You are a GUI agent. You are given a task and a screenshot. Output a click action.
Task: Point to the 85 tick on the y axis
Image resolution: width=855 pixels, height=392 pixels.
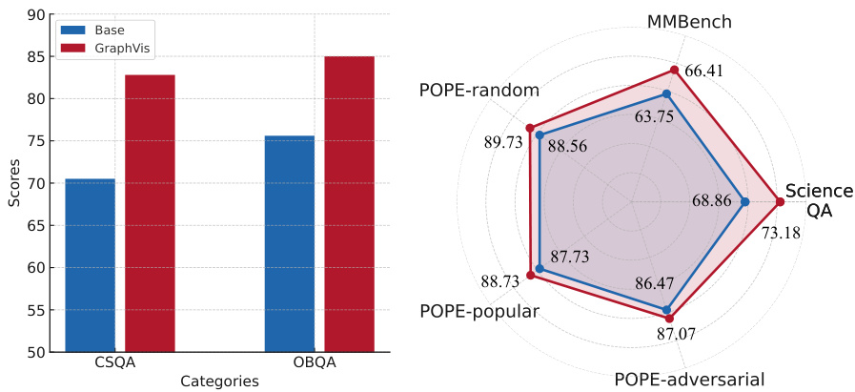pos(39,57)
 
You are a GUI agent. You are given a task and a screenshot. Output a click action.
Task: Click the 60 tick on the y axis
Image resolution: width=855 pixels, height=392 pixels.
pos(39,268)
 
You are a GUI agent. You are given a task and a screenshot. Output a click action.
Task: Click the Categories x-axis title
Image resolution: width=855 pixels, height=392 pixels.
pos(219,381)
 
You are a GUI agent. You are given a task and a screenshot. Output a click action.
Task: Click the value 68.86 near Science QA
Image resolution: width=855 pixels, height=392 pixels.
pos(718,201)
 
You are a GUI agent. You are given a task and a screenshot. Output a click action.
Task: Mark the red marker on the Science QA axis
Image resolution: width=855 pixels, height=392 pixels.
pos(780,201)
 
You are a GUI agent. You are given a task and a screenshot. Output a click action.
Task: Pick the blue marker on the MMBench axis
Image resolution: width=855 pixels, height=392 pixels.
pos(666,93)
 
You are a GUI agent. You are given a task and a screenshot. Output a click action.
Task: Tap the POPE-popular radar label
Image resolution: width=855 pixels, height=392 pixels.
pos(479,312)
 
